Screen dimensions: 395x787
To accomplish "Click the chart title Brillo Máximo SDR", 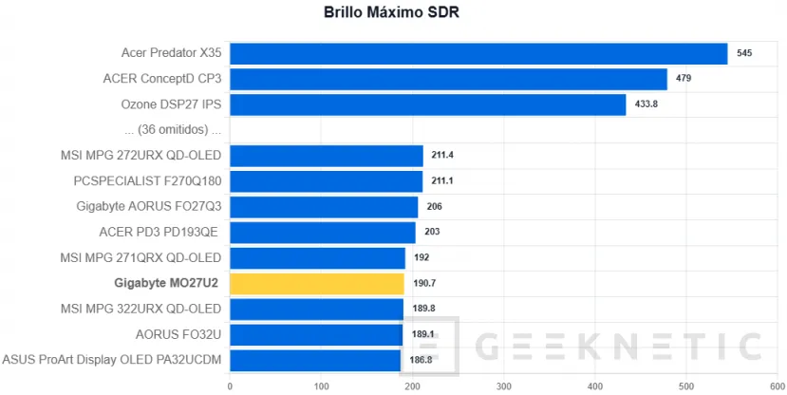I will (x=393, y=13).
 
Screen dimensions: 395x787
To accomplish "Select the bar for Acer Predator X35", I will (x=478, y=54).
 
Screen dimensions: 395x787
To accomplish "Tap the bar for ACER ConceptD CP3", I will (x=448, y=79).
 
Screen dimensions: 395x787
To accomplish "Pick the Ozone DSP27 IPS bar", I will (x=427, y=104).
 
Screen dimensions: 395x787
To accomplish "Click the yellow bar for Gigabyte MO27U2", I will (x=317, y=283).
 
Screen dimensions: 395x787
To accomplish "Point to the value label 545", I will (x=744, y=54).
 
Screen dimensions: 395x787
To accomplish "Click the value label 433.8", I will (x=646, y=104).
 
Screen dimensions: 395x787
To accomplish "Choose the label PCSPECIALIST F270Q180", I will (x=147, y=181).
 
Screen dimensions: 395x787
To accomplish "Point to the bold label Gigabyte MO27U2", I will (x=167, y=283).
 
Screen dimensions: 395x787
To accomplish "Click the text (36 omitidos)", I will (x=167, y=130).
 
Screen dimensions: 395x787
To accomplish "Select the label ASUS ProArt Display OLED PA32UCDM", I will (x=112, y=360).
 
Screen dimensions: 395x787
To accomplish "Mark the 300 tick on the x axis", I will (x=503, y=386).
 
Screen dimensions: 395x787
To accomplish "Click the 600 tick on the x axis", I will (x=777, y=386).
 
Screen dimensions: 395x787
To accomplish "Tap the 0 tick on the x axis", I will (x=230, y=386).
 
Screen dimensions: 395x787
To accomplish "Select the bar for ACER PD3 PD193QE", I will (x=322, y=232).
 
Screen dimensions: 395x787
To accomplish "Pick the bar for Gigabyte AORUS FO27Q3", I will (x=324, y=207).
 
